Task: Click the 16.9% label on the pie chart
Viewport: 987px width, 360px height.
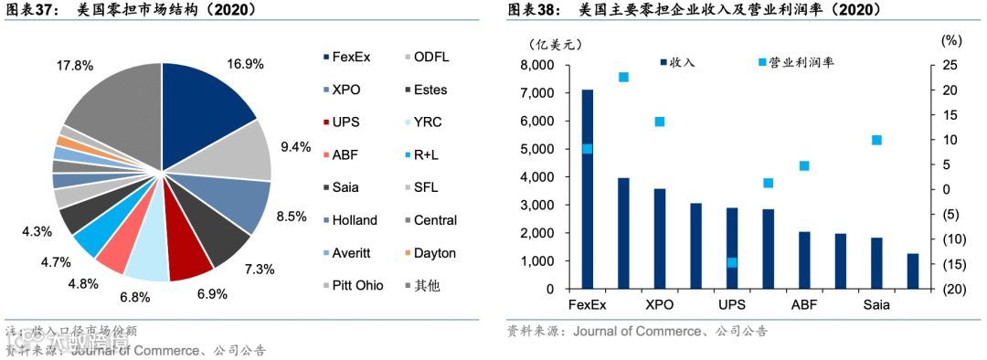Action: [x=245, y=64]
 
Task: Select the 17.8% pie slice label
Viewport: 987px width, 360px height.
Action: [x=75, y=65]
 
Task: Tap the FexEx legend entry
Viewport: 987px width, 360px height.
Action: [x=350, y=58]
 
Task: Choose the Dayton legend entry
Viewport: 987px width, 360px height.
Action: [x=434, y=253]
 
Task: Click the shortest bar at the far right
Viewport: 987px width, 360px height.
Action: [x=912, y=271]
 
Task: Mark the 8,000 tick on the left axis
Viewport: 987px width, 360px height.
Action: [x=537, y=65]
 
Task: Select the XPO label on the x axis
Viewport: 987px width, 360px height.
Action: [x=659, y=305]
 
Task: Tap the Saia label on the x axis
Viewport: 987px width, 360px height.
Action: [x=877, y=305]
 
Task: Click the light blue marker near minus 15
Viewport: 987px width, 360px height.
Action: [x=732, y=262]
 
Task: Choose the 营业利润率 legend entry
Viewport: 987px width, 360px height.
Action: [x=796, y=62]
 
